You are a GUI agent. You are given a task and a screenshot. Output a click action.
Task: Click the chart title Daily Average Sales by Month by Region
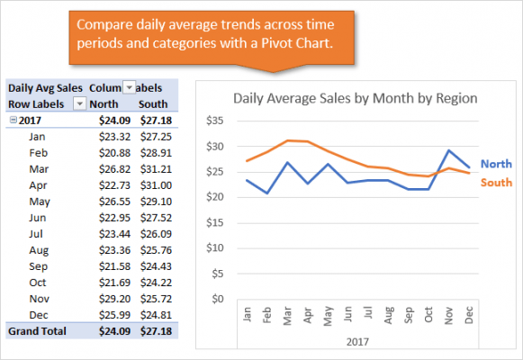pos(355,98)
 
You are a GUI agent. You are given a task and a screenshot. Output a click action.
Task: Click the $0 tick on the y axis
pos(217,299)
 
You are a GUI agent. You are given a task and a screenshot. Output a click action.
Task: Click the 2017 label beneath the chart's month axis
pos(358,341)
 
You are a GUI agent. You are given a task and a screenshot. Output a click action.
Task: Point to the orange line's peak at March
pos(288,140)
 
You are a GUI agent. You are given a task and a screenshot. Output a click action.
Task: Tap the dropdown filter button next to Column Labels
pos(129,87)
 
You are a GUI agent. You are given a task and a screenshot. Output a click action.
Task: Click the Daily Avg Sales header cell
pos(45,87)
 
